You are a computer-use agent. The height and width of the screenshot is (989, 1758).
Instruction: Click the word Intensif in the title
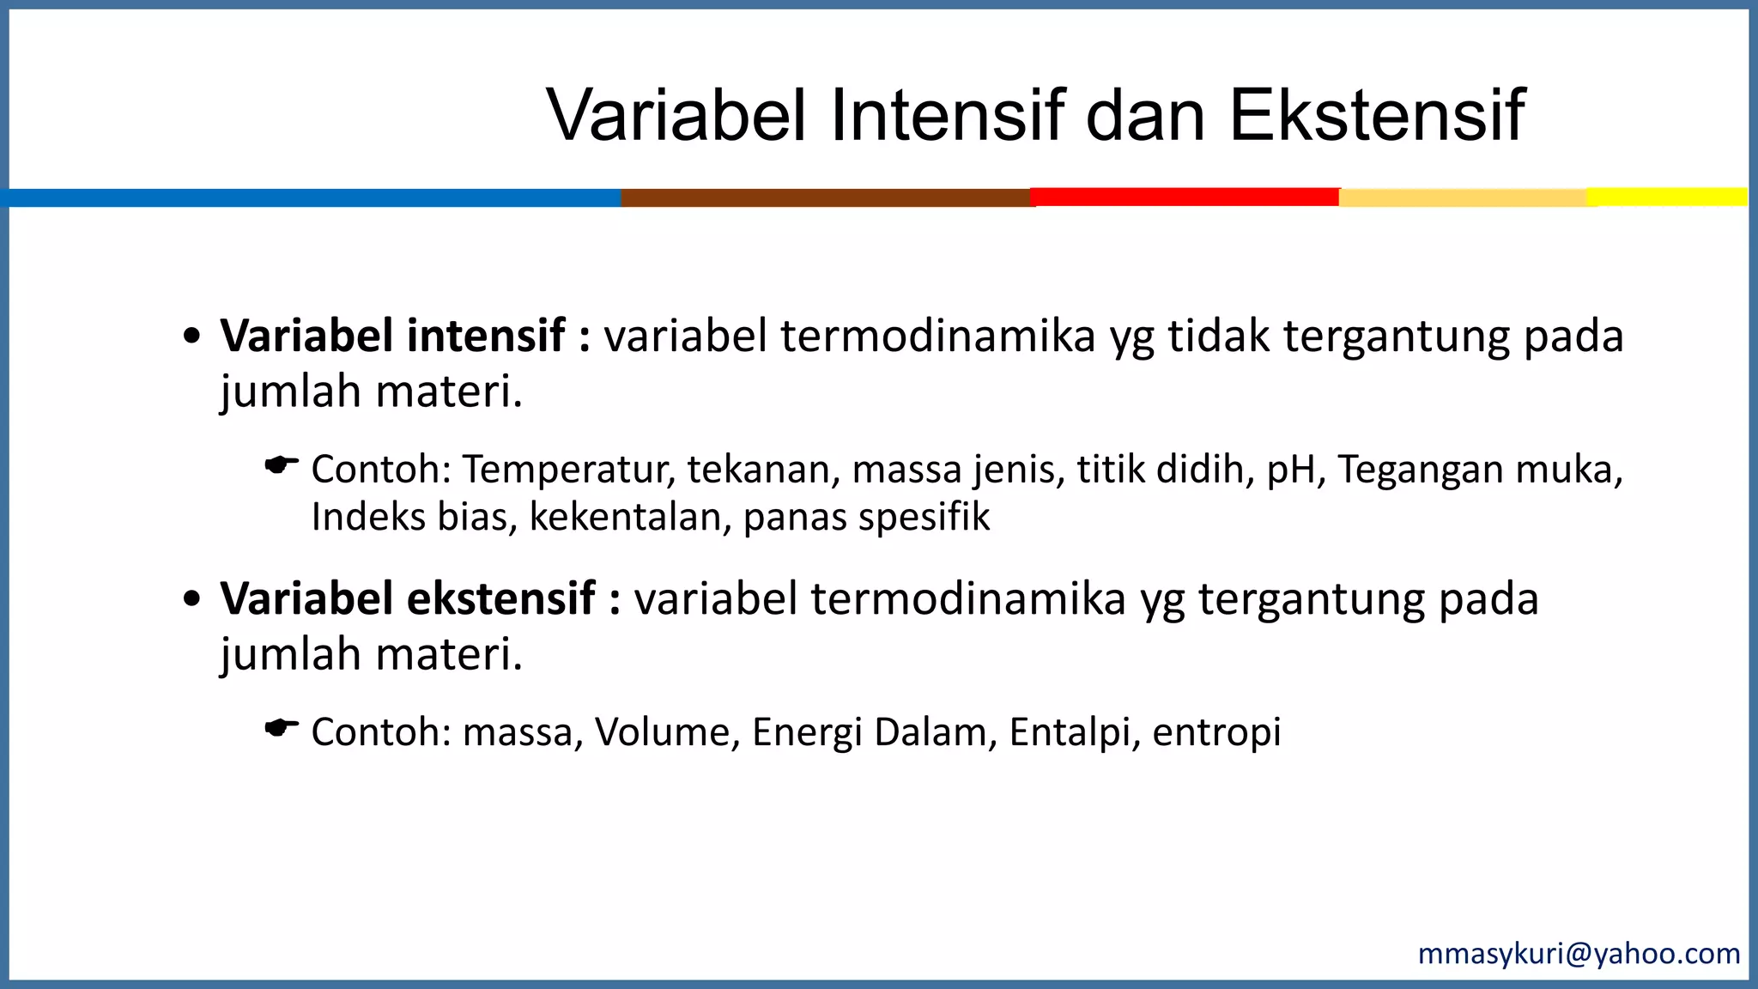[x=947, y=115]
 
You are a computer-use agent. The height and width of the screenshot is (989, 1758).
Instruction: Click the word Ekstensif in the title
[x=1377, y=115]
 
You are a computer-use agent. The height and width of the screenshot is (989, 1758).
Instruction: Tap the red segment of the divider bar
[x=1185, y=197]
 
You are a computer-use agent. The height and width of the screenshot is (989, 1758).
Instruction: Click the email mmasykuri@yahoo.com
[x=1579, y=954]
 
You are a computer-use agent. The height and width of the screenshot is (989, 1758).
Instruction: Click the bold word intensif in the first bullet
[x=486, y=335]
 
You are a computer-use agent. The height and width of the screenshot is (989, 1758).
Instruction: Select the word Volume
[x=662, y=732]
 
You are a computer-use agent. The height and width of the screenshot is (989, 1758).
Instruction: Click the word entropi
[x=1216, y=732]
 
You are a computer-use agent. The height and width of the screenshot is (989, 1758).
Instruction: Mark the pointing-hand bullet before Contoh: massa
[x=281, y=729]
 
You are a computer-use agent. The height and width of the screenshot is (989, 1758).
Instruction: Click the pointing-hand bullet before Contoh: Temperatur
[x=281, y=466]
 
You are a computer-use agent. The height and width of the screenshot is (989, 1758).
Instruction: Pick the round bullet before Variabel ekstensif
[x=192, y=599]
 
